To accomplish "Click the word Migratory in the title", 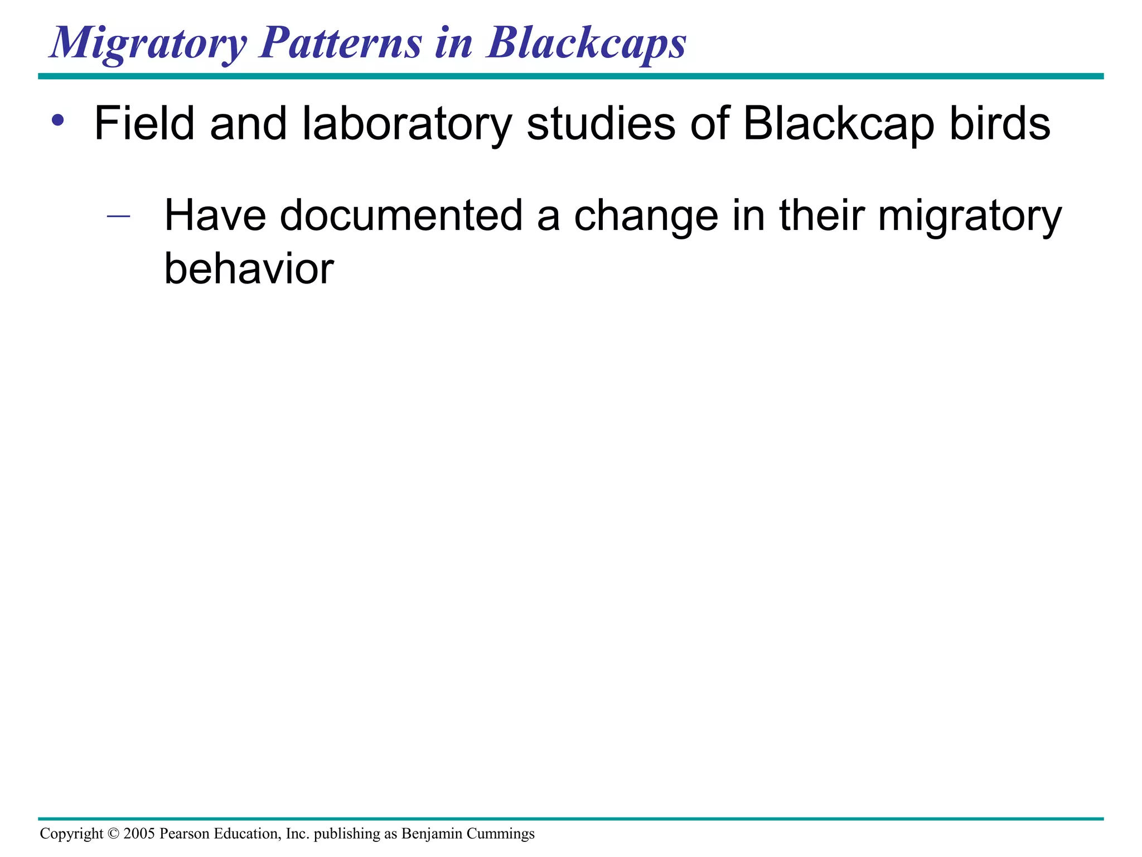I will tap(148, 44).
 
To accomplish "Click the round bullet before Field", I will tap(57, 121).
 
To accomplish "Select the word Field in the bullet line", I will tap(144, 123).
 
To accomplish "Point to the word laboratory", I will tap(407, 124).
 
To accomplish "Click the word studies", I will tap(600, 123).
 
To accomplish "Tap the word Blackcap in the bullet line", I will tap(838, 124).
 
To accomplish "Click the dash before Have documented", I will tap(118, 215).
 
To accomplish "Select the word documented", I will tap(401, 215).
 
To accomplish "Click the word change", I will tap(646, 216).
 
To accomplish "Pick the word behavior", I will tap(249, 269).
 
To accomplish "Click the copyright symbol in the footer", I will tap(113, 834).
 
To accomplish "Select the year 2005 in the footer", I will tap(139, 834).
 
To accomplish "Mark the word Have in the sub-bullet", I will tap(215, 215).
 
